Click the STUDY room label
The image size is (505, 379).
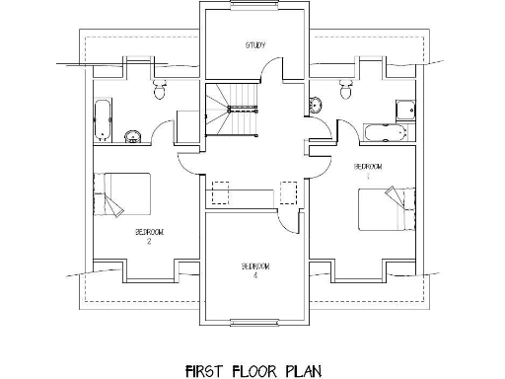(256, 45)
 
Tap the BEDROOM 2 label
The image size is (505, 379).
(149, 235)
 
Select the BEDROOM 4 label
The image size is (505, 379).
(254, 270)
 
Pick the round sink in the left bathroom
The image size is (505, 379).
(135, 135)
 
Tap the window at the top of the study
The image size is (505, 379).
(254, 11)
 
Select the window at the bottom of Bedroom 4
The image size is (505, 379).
(254, 321)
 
